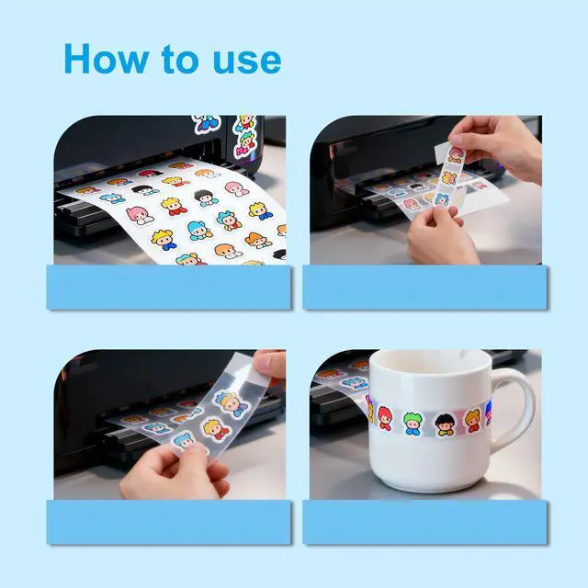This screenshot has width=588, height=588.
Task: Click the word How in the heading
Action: click(x=107, y=59)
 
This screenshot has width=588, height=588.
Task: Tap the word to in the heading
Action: click(x=180, y=59)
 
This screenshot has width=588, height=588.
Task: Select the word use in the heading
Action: click(x=247, y=62)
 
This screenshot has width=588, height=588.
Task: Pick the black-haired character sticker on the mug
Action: click(x=446, y=424)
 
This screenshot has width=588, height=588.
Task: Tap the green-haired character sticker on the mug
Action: click(x=413, y=424)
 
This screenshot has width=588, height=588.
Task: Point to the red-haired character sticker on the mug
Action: click(x=385, y=417)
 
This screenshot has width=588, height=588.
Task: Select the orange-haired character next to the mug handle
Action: click(x=472, y=420)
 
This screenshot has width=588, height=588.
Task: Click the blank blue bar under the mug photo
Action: click(x=424, y=522)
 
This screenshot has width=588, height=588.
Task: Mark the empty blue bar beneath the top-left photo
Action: click(x=169, y=287)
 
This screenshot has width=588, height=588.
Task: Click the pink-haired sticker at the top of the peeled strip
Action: click(x=456, y=154)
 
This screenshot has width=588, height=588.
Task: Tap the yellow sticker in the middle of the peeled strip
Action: click(x=448, y=177)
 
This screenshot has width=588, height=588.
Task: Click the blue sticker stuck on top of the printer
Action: click(x=206, y=123)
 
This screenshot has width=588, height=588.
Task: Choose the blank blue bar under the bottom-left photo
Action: click(x=169, y=522)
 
